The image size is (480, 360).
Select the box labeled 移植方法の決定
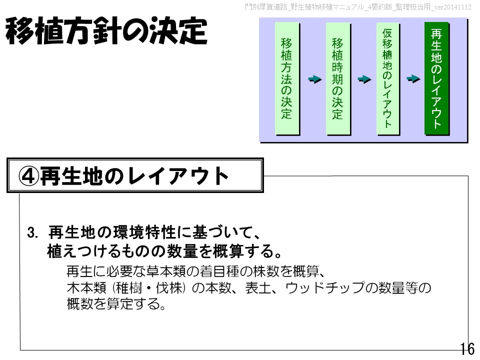(286, 78)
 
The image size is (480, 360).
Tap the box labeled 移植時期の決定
(337, 78)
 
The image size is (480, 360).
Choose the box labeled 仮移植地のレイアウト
(388, 78)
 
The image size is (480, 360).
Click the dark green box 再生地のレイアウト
(436, 78)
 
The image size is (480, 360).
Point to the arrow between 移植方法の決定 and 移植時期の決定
(313, 79)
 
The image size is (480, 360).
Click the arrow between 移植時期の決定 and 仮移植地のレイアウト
(364, 79)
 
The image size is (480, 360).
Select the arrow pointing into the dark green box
(413, 79)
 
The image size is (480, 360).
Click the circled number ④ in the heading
(28, 175)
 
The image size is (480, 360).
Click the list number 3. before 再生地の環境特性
(33, 233)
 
